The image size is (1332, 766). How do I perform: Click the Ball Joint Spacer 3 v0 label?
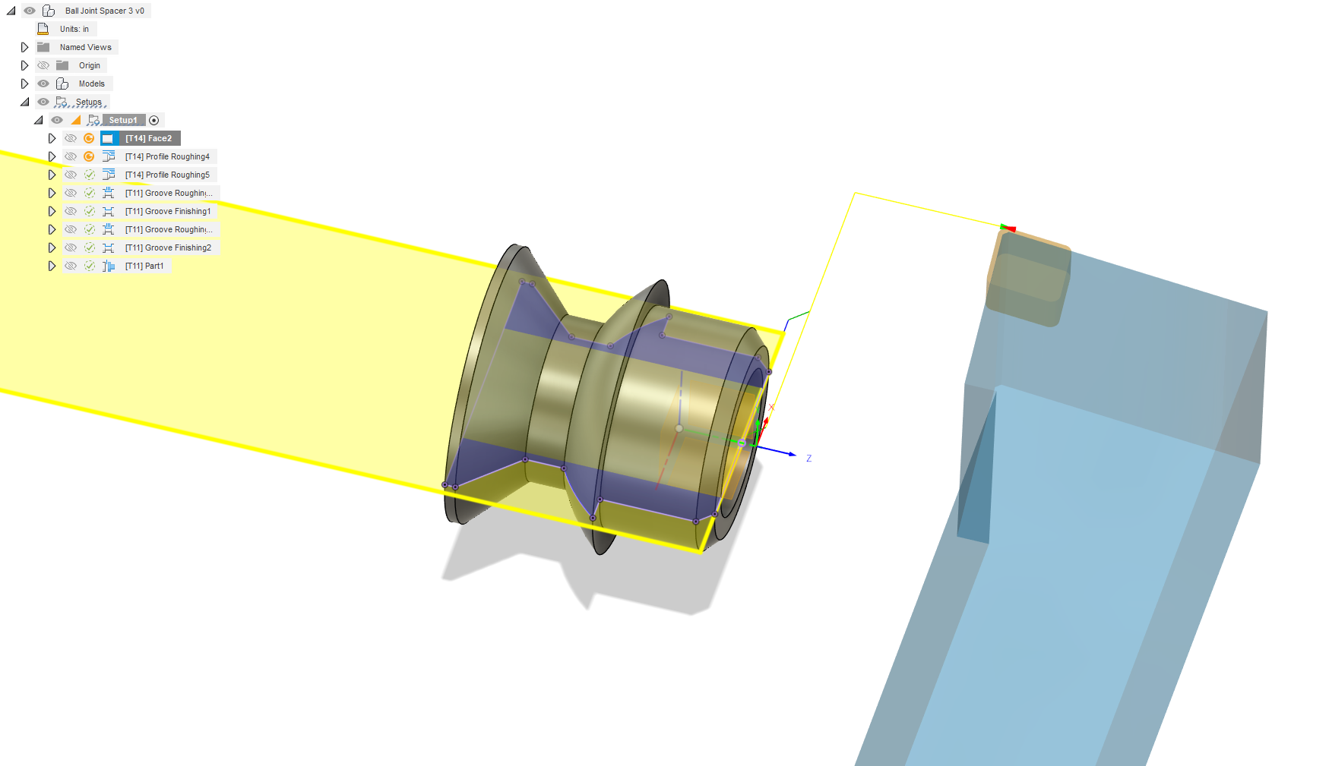pyautogui.click(x=104, y=11)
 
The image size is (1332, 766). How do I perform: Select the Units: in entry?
pyautogui.click(x=74, y=29)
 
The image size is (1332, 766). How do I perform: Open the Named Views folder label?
pyautogui.click(x=86, y=47)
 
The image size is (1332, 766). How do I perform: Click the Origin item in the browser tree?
pyautogui.click(x=90, y=65)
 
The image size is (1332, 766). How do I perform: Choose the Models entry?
pyautogui.click(x=92, y=84)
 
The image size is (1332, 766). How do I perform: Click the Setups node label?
pyautogui.click(x=88, y=102)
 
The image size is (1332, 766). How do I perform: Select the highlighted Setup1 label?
pyautogui.click(x=123, y=120)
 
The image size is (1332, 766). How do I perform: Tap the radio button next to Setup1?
pyautogui.click(x=154, y=120)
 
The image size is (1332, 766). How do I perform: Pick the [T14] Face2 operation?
pyautogui.click(x=148, y=138)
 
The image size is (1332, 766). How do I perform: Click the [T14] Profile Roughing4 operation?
pyautogui.click(x=167, y=156)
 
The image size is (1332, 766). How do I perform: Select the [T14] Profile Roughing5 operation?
pyautogui.click(x=167, y=175)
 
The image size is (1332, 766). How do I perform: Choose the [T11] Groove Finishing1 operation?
pyautogui.click(x=168, y=211)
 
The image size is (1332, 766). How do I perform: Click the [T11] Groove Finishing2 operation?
pyautogui.click(x=168, y=247)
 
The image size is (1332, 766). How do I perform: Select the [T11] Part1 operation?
pyautogui.click(x=144, y=266)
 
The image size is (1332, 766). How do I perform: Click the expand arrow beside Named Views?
pyautogui.click(x=24, y=47)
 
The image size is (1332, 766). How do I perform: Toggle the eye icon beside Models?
pyautogui.click(x=43, y=84)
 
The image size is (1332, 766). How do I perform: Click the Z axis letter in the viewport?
pyautogui.click(x=809, y=459)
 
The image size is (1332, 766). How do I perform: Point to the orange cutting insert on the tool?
pyautogui.click(x=1027, y=277)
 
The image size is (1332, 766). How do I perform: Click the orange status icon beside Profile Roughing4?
pyautogui.click(x=89, y=156)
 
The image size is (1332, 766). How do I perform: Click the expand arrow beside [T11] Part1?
pyautogui.click(x=52, y=266)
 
